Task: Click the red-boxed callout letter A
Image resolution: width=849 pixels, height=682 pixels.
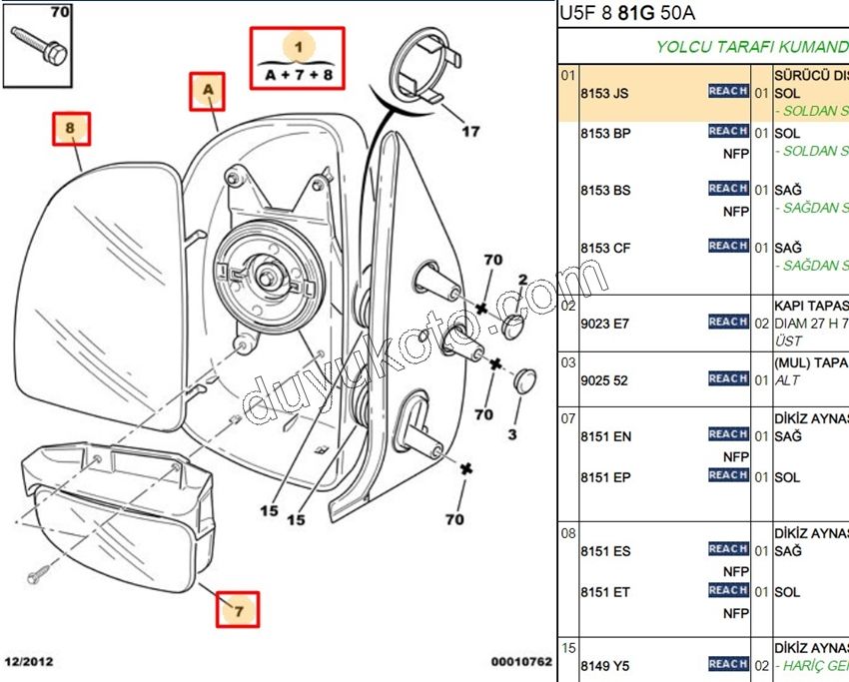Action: pyautogui.click(x=207, y=91)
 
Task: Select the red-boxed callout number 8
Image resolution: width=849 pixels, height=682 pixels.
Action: pyautogui.click(x=71, y=128)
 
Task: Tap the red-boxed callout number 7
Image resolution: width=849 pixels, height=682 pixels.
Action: pyautogui.click(x=239, y=607)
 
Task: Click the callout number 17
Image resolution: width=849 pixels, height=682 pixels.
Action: pyautogui.click(x=469, y=130)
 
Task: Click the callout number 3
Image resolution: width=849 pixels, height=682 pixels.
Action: pyautogui.click(x=511, y=434)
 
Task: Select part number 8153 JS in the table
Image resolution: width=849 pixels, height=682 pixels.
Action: pyautogui.click(x=604, y=93)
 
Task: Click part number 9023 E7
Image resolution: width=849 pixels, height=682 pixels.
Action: pyautogui.click(x=605, y=324)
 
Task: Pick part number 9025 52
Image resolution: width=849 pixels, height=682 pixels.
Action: pyautogui.click(x=604, y=380)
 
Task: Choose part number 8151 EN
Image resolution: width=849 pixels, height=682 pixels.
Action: pyautogui.click(x=605, y=436)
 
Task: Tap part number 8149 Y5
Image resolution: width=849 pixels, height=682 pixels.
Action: pyautogui.click(x=604, y=666)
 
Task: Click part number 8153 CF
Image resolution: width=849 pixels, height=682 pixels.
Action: pyautogui.click(x=605, y=248)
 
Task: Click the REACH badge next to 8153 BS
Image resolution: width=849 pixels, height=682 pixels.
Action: pyautogui.click(x=728, y=189)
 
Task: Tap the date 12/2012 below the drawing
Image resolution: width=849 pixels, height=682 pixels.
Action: pyautogui.click(x=29, y=661)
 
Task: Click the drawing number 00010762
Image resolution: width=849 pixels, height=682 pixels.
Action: pyautogui.click(x=520, y=661)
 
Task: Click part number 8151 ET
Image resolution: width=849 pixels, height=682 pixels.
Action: pyautogui.click(x=605, y=592)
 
